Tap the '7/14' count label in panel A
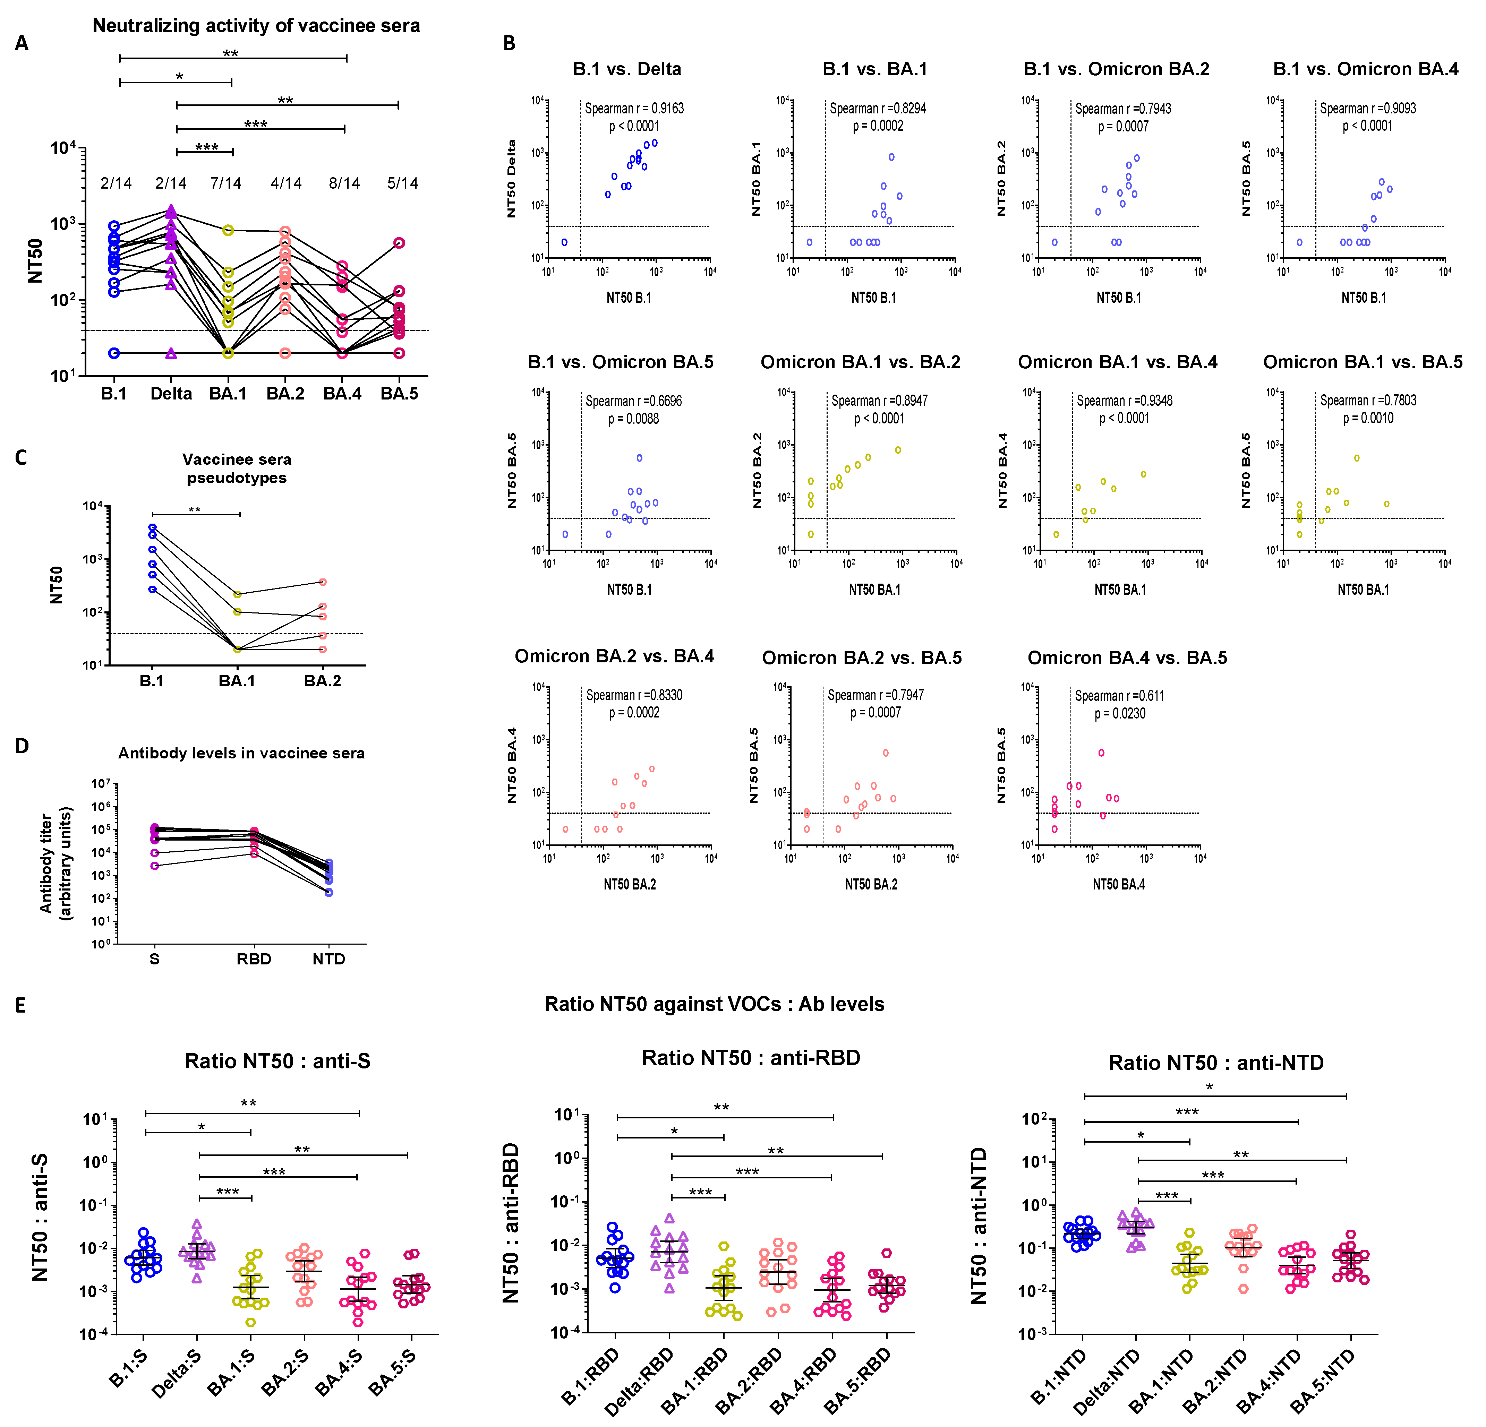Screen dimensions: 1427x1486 (x=226, y=183)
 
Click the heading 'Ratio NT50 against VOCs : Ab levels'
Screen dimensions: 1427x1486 (x=714, y=1004)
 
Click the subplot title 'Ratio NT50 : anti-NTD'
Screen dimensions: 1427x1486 (x=1215, y=1063)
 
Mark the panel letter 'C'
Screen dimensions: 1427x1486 (x=21, y=458)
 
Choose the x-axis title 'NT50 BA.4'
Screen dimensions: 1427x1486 (x=1118, y=884)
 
